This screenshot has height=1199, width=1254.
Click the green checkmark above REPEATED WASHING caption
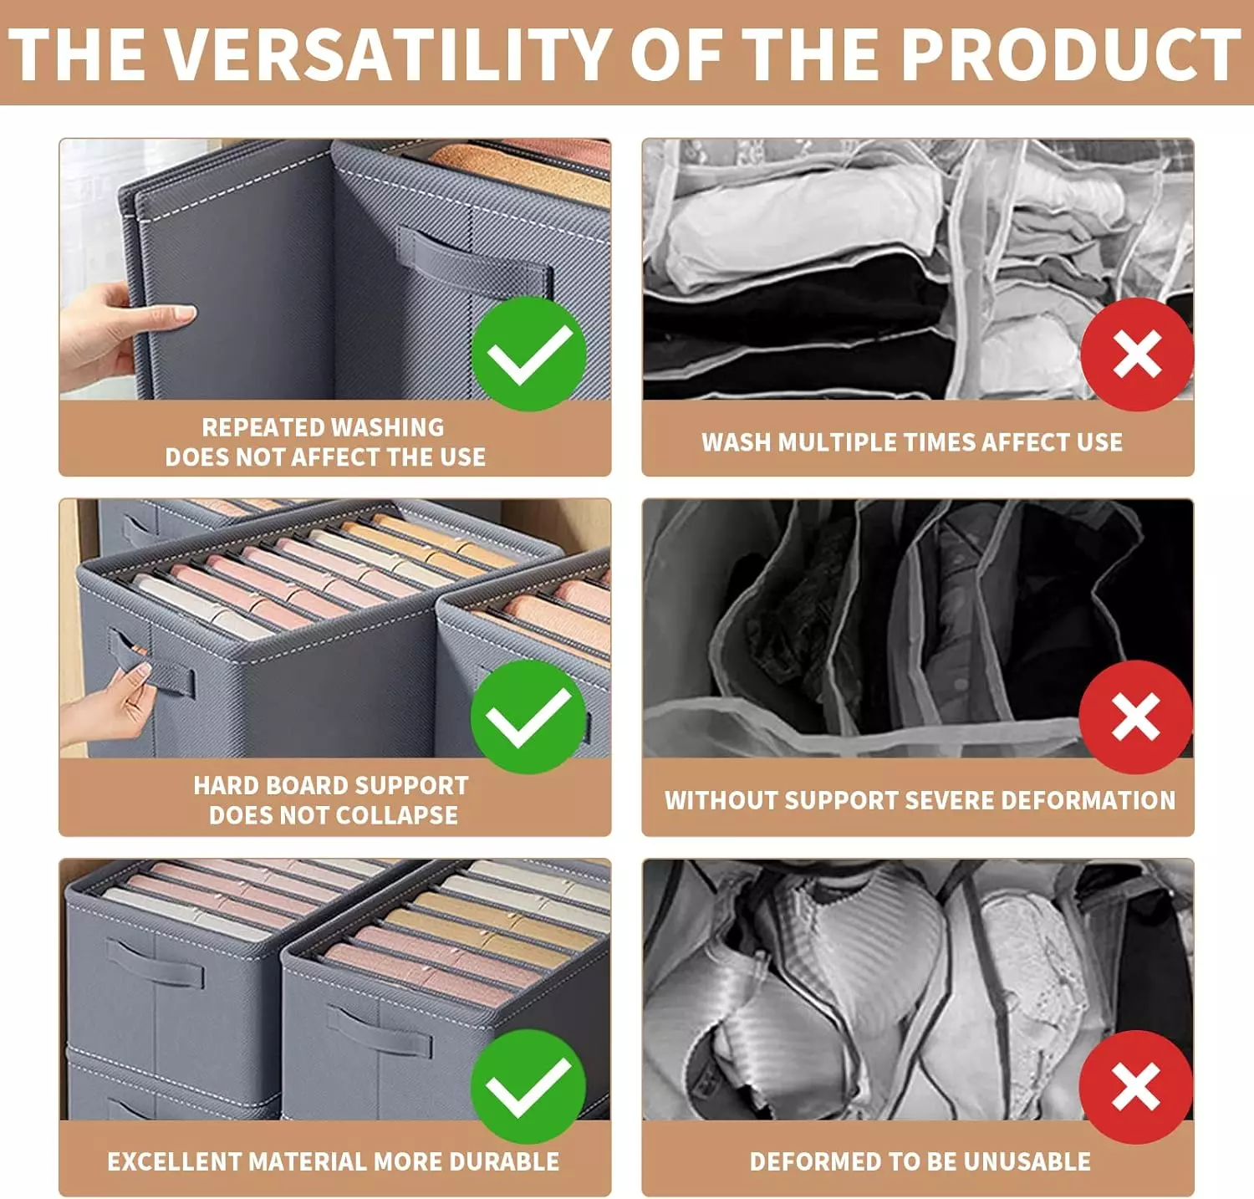pyautogui.click(x=528, y=354)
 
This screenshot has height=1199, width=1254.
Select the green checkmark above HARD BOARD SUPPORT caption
pyautogui.click(x=528, y=717)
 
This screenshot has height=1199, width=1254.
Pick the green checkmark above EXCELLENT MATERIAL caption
pyautogui.click(x=528, y=1086)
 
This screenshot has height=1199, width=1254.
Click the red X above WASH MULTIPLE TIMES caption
pyautogui.click(x=1137, y=354)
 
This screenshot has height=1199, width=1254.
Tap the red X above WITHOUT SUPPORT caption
pyautogui.click(x=1136, y=717)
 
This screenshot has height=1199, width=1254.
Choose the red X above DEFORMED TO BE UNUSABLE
pyautogui.click(x=1136, y=1086)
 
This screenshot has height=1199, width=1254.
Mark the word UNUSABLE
pyautogui.click(x=1027, y=1161)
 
